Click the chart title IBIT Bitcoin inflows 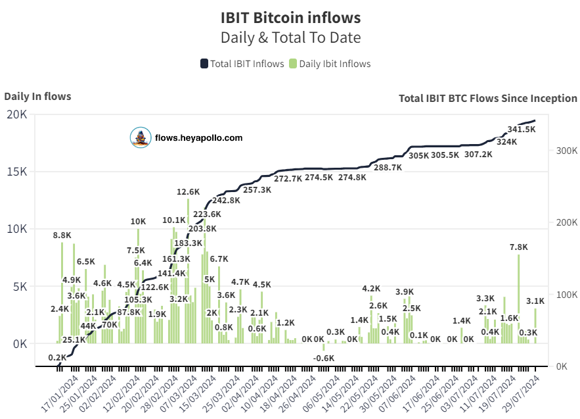click(290, 16)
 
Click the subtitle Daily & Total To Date click(290, 37)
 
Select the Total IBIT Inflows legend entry click(242, 64)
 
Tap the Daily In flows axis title click(37, 97)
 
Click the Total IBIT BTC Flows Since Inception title click(487, 98)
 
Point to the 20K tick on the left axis click(16, 114)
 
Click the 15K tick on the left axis click(16, 172)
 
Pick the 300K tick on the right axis click(564, 151)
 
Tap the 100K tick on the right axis click(564, 294)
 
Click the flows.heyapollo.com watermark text click(198, 137)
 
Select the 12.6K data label click(188, 192)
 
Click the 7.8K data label click(519, 247)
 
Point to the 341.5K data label click(522, 130)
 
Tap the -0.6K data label click(323, 358)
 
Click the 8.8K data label click(62, 235)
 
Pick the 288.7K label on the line click(388, 168)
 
